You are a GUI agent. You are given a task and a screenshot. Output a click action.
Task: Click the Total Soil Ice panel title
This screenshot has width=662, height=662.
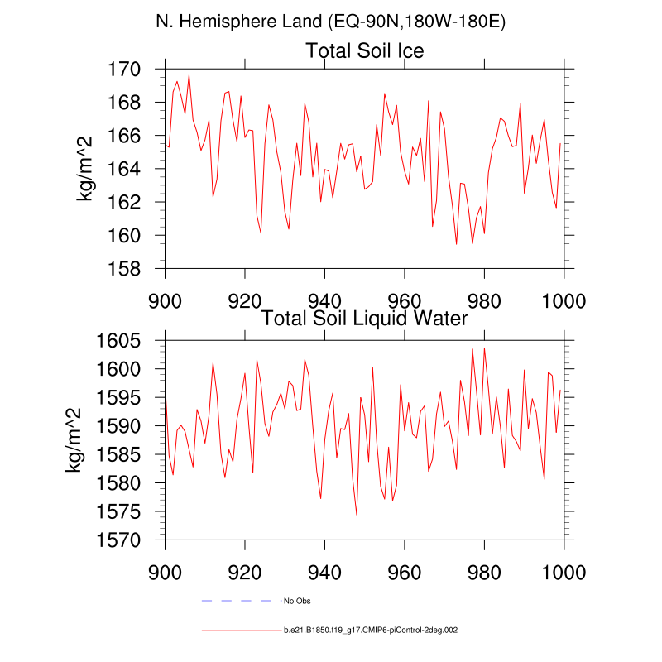tap(365, 51)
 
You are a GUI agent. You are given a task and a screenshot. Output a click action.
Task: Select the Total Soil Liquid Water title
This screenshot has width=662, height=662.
tap(365, 317)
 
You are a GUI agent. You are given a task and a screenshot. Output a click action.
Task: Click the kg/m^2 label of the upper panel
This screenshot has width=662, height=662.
tap(84, 169)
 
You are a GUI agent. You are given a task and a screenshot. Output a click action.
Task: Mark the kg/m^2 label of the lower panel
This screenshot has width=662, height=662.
tap(74, 440)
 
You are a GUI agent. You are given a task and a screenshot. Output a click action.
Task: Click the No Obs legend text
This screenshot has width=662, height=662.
tap(297, 600)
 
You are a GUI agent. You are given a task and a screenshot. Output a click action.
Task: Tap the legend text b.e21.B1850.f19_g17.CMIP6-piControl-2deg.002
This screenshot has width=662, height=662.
tap(370, 631)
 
